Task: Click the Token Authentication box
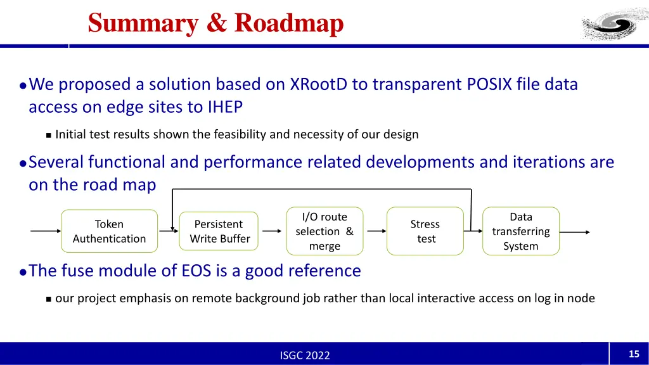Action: click(x=109, y=231)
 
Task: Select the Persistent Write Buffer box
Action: click(x=219, y=231)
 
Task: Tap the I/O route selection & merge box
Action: click(x=324, y=231)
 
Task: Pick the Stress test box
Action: click(x=425, y=231)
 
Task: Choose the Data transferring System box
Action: click(x=521, y=231)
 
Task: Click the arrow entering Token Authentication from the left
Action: click(x=46, y=231)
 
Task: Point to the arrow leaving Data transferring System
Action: click(x=575, y=232)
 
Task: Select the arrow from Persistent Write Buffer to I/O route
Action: click(x=272, y=231)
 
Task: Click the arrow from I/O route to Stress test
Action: click(x=376, y=231)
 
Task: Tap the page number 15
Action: click(x=634, y=354)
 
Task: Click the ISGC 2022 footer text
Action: click(x=305, y=355)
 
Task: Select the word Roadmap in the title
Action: click(x=289, y=23)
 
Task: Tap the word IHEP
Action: click(x=225, y=108)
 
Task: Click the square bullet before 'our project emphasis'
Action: click(x=48, y=298)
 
